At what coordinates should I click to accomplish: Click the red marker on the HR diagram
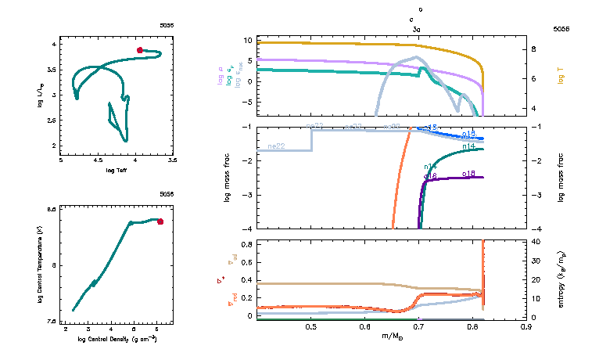140,50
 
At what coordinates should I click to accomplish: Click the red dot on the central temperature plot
160,221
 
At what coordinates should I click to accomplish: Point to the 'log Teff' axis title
116,170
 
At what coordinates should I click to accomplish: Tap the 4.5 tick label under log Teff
98,160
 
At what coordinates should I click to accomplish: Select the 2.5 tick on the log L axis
53,121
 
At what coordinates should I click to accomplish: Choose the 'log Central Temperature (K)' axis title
40,265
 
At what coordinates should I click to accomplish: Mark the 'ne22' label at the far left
275,146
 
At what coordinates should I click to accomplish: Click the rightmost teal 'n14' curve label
468,146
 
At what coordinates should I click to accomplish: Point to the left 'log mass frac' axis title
227,178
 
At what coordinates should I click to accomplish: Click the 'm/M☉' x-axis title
390,337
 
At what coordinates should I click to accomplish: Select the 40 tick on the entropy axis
536,242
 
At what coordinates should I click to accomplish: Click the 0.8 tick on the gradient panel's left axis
245,245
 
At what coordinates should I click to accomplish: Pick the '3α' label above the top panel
418,28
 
